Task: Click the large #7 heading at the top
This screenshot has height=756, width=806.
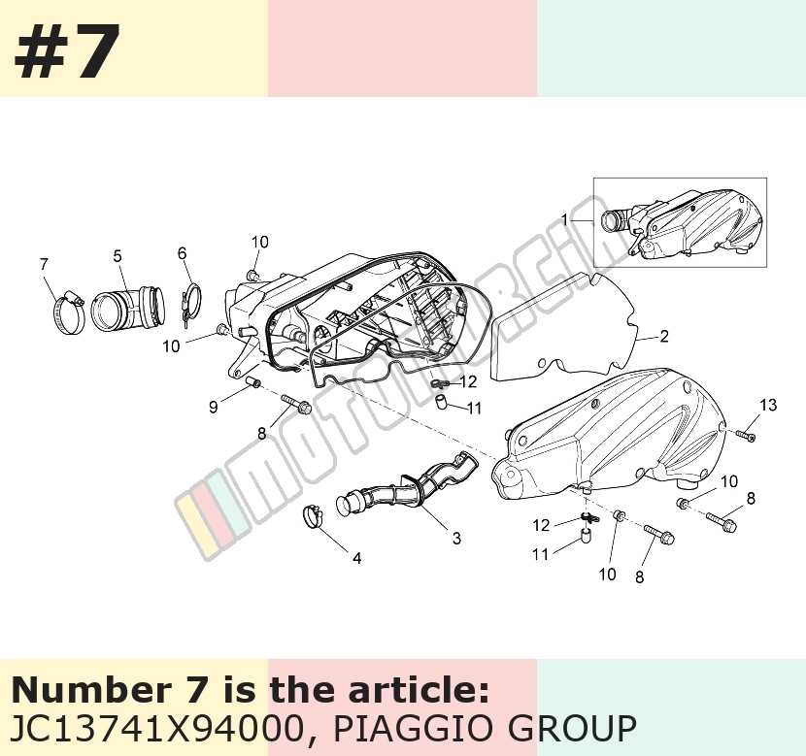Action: [67, 51]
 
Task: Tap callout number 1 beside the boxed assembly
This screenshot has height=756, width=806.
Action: [565, 220]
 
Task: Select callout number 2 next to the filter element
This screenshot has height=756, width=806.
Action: [664, 337]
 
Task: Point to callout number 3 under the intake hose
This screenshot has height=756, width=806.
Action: [456, 539]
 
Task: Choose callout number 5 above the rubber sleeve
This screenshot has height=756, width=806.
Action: [182, 253]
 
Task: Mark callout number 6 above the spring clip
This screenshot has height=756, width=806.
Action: [44, 264]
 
